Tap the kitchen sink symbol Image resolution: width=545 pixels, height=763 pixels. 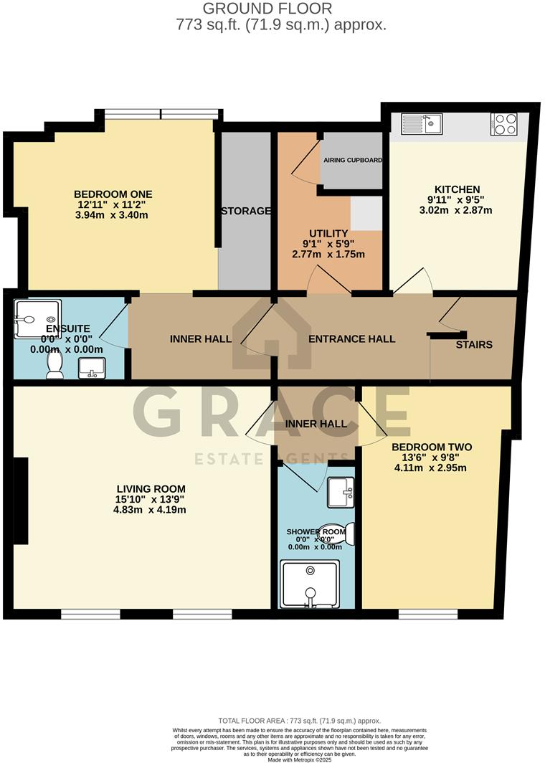422,124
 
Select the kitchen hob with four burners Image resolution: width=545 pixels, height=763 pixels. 505,124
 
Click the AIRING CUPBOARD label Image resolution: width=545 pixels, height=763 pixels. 352,160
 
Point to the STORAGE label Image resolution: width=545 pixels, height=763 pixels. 245,211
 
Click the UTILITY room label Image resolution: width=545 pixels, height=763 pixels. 328,233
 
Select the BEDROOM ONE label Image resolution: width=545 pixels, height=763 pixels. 113,194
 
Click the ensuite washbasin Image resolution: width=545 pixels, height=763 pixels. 91,368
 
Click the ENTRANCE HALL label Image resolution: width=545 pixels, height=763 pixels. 351,338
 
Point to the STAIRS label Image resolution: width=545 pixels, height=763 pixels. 474,344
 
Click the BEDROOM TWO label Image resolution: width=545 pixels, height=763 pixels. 431,446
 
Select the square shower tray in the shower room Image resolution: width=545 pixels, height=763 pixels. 310,584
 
